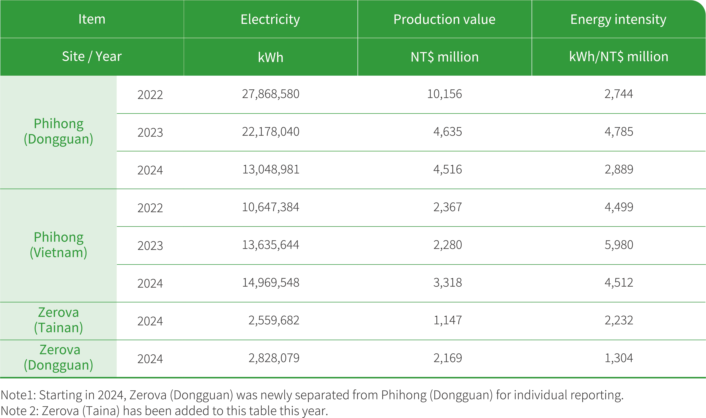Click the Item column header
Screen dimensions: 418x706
pyautogui.click(x=92, y=19)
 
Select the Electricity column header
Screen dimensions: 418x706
pyautogui.click(x=270, y=19)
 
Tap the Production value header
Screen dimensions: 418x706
pyautogui.click(x=444, y=19)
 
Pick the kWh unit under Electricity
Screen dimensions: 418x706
pyautogui.click(x=270, y=57)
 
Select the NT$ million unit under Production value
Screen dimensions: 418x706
pyautogui.click(x=444, y=57)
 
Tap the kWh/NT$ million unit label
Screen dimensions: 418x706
pyautogui.click(x=618, y=57)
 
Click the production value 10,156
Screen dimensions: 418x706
pyautogui.click(x=444, y=94)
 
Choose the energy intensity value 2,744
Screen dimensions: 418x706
pyautogui.click(x=618, y=94)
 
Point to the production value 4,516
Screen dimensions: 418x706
pyautogui.click(x=447, y=170)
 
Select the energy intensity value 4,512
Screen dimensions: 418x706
pyautogui.click(x=618, y=282)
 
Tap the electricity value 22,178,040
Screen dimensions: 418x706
pyautogui.click(x=270, y=132)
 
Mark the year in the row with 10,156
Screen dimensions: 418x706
pyautogui.click(x=150, y=95)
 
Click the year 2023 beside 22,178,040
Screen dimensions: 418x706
pyautogui.click(x=150, y=132)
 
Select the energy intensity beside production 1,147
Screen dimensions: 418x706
pyautogui.click(x=619, y=320)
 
